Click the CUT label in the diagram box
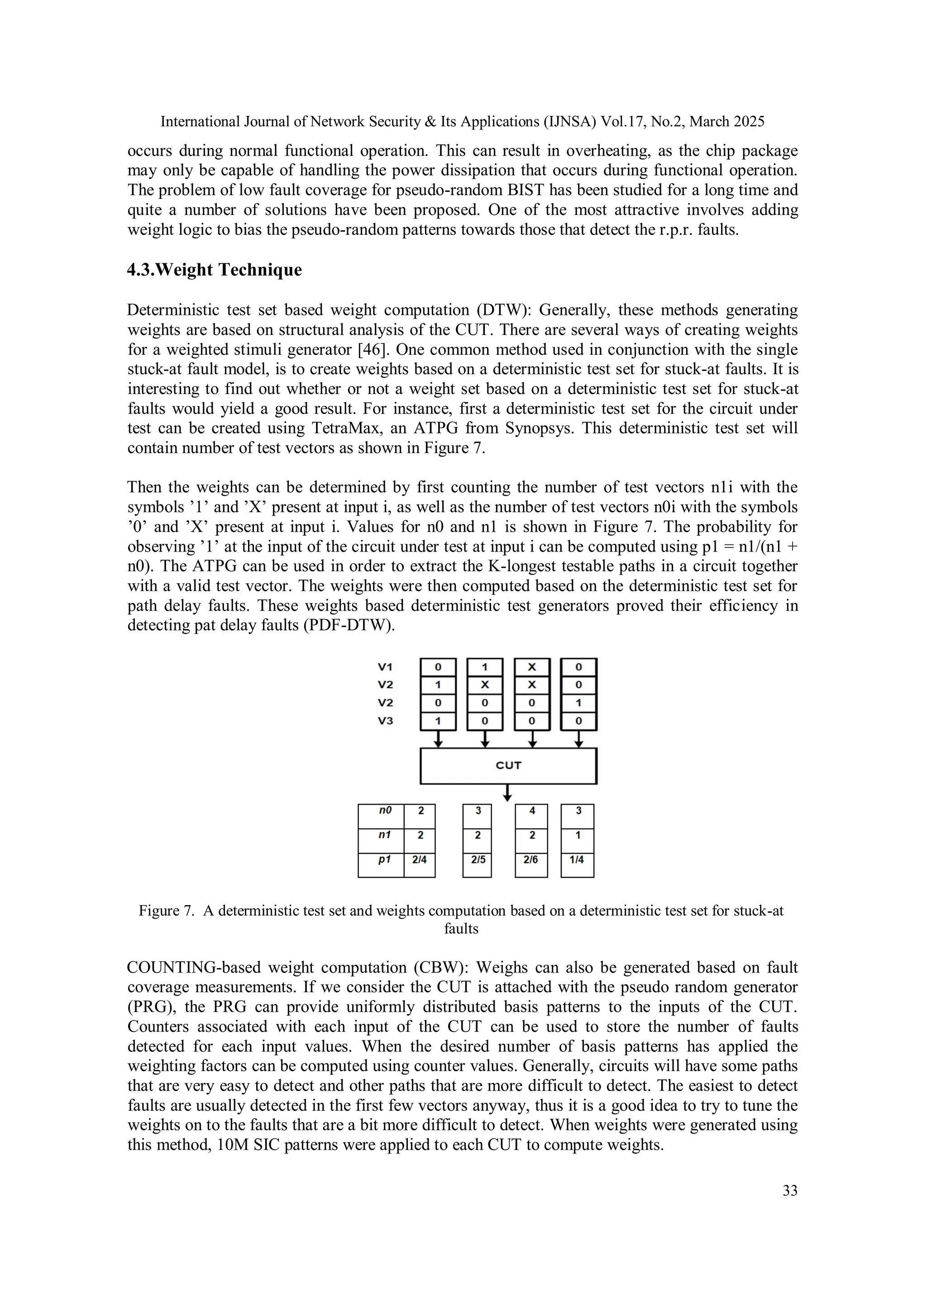[508, 765]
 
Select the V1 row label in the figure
[386, 666]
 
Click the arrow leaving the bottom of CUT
[507, 793]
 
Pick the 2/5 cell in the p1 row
[478, 859]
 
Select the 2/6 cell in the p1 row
[530, 859]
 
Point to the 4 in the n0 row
[532, 810]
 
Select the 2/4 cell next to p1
[419, 859]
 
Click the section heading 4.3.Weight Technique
[214, 270]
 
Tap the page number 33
[789, 1191]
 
